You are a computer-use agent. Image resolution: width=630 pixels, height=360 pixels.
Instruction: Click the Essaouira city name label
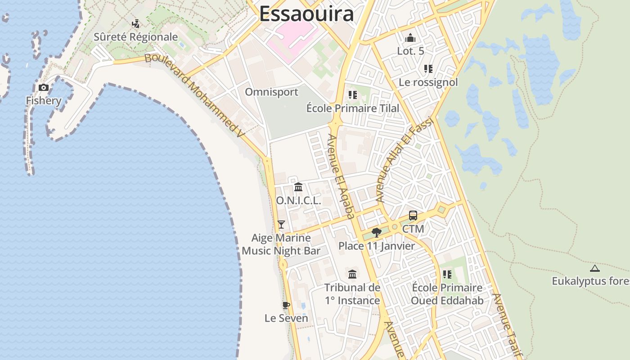(x=306, y=14)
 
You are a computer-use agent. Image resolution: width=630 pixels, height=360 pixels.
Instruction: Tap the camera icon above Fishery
(x=44, y=87)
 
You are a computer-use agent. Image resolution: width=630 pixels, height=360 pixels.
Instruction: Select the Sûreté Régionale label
(x=135, y=37)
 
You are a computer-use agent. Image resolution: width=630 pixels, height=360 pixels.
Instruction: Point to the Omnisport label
(x=271, y=92)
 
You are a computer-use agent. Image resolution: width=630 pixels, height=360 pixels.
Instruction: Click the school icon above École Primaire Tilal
(x=352, y=95)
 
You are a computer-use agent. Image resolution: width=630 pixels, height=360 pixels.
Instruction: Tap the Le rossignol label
(x=428, y=82)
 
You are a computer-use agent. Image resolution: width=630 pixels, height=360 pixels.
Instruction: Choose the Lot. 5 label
(x=410, y=51)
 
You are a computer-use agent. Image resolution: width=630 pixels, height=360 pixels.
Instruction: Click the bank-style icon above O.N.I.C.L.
(x=298, y=187)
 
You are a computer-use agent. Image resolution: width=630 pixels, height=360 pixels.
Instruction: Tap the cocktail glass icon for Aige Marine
(x=281, y=224)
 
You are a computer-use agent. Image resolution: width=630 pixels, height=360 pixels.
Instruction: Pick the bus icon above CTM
(x=413, y=216)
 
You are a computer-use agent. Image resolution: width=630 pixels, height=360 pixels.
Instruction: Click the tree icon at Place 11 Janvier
(x=377, y=232)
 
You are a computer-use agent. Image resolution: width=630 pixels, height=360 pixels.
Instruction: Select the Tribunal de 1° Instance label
(x=352, y=294)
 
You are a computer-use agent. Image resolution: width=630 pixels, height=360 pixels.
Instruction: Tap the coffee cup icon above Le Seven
(x=286, y=305)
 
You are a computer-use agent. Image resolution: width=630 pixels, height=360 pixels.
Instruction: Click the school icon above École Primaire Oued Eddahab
(x=447, y=274)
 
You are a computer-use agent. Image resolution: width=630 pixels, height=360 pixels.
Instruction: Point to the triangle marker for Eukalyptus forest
(x=595, y=269)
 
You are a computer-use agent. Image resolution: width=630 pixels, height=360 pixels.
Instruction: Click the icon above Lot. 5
(x=410, y=38)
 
